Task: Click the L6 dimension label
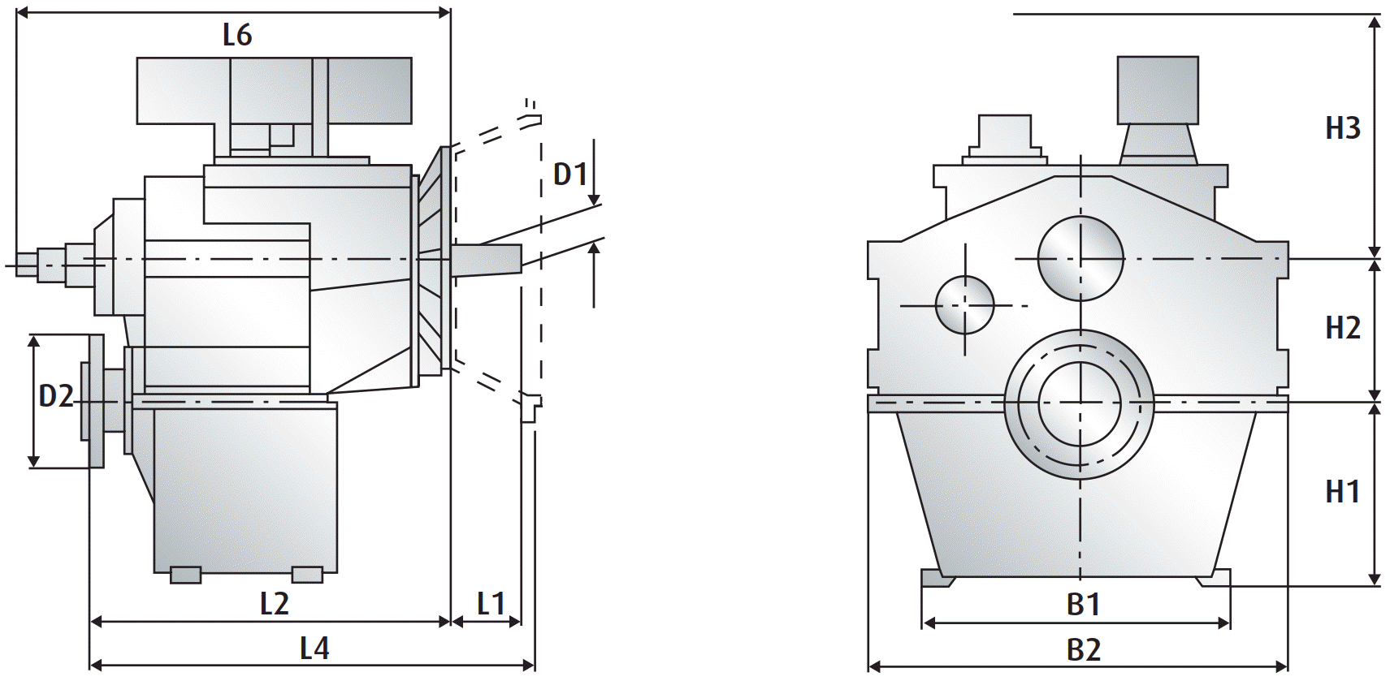click(x=237, y=35)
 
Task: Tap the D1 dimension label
click(x=570, y=174)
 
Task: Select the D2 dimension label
click(x=56, y=396)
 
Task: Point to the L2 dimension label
click(x=275, y=604)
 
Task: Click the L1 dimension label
click(x=491, y=604)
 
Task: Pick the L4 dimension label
click(x=314, y=649)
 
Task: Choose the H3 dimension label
click(x=1343, y=128)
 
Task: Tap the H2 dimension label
click(x=1343, y=328)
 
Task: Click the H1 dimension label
click(x=1343, y=492)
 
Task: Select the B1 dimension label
click(x=1084, y=605)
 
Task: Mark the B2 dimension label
click(x=1084, y=650)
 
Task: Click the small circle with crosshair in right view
click(x=964, y=305)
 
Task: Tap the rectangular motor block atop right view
click(x=1158, y=90)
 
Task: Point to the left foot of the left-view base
click(x=186, y=575)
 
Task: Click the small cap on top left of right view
click(x=1004, y=134)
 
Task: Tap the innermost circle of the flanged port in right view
click(x=1080, y=403)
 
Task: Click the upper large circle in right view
click(x=1080, y=258)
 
